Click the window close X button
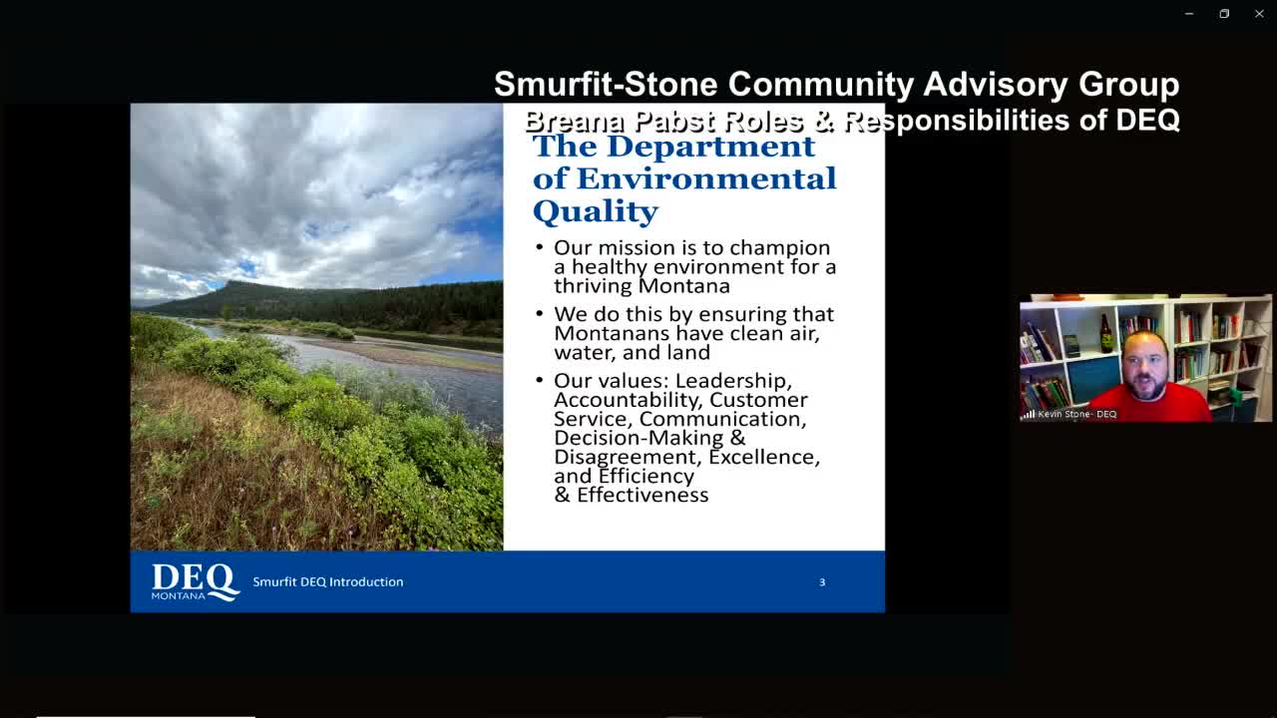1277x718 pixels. click(1259, 14)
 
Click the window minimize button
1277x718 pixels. click(1189, 14)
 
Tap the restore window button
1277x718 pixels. click(1224, 14)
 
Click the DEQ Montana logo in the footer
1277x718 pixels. click(195, 581)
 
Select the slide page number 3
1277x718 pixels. click(822, 582)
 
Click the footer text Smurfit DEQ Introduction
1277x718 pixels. click(327, 582)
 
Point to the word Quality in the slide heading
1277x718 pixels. click(595, 211)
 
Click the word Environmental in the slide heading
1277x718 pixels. click(706, 179)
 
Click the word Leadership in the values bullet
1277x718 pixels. click(733, 381)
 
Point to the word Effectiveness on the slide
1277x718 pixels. click(642, 496)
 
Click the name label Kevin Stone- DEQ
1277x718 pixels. click(1076, 414)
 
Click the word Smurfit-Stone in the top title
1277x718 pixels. click(606, 84)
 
